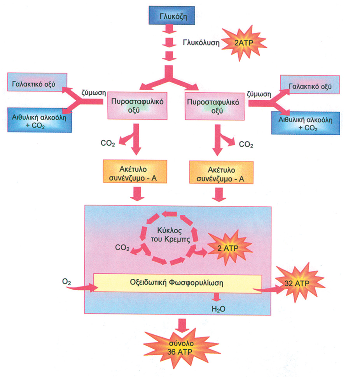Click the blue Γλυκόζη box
pos(172,16)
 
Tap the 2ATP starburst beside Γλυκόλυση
pos(244,43)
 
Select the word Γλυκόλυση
pos(201,43)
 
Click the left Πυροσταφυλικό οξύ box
pos(137,106)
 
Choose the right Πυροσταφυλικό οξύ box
pos(215,106)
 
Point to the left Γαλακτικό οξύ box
pos(37,82)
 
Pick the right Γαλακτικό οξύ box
pos(310,85)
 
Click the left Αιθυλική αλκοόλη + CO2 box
pos(40,120)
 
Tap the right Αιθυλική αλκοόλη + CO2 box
pos(306,123)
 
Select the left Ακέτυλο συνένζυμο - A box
pos(135,171)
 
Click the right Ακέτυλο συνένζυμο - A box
pos(221,172)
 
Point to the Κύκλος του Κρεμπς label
pos(170,235)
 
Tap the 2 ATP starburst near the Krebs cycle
pos(229,248)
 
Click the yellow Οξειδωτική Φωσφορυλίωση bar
pos(178,283)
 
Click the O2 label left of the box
pos(66,281)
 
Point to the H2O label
pos(218,309)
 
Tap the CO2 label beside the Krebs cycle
pos(122,247)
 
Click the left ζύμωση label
pos(94,93)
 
